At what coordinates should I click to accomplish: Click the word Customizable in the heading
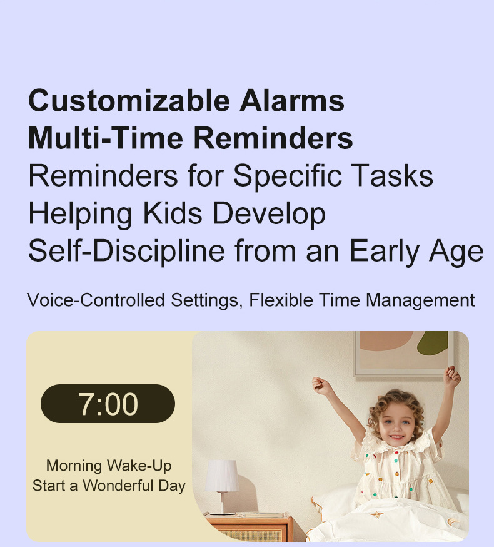coord(129,101)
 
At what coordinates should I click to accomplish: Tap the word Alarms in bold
coord(292,101)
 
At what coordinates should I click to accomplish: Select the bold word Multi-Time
coord(106,138)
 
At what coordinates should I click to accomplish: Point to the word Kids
coord(173,213)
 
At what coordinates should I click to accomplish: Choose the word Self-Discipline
coord(126,251)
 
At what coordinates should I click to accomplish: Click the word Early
coord(385,252)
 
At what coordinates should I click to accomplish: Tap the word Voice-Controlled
coord(96,300)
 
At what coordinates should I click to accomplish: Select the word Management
coord(420,300)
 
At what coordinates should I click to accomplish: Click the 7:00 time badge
coord(108,404)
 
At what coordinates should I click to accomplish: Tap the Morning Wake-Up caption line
coord(109,466)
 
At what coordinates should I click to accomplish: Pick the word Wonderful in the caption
coord(118,485)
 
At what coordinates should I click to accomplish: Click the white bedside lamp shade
coord(222,476)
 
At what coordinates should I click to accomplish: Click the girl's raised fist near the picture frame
coord(453,377)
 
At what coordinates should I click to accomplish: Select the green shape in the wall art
coord(433,343)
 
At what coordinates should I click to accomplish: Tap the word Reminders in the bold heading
coord(273,138)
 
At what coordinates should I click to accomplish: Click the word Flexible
coord(281,300)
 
